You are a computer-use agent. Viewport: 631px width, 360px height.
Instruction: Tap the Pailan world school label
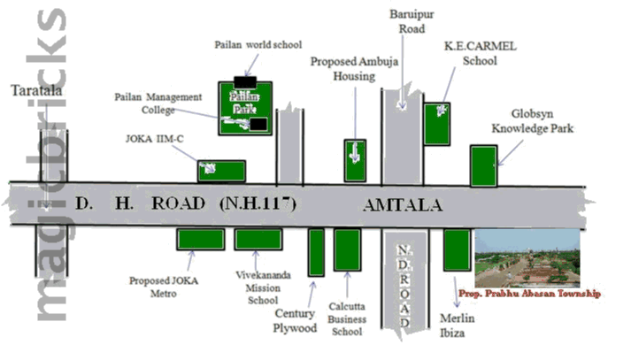(x=258, y=44)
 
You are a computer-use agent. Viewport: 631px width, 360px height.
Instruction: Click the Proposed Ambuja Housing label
(x=342, y=68)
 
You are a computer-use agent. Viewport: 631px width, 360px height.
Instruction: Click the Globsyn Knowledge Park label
(x=533, y=121)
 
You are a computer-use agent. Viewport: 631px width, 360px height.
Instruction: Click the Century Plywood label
(x=296, y=320)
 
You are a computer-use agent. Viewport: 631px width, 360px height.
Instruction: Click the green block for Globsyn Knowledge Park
(x=483, y=166)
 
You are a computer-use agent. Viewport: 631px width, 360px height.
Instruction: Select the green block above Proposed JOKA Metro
(x=200, y=239)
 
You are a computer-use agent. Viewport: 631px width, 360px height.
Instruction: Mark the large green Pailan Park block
(x=244, y=108)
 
